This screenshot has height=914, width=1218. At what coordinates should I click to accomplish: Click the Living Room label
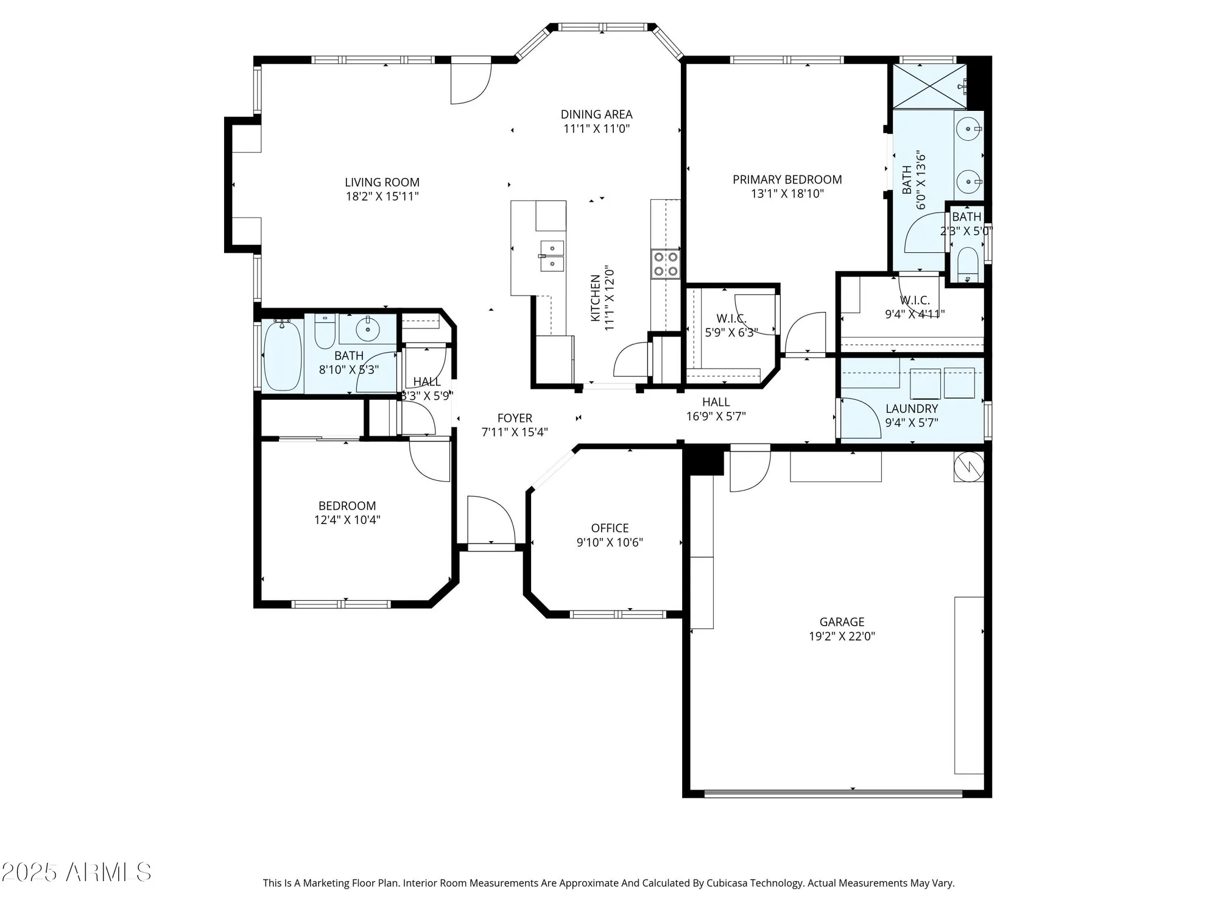pos(382,182)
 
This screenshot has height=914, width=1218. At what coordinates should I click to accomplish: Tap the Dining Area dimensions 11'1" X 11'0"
pos(596,129)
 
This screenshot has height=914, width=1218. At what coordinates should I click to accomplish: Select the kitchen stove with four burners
pos(665,264)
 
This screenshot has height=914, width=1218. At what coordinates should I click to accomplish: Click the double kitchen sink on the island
pos(551,256)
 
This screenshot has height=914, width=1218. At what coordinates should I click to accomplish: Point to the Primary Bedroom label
pos(787,180)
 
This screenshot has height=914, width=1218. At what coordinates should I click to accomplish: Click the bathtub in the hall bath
pos(283,356)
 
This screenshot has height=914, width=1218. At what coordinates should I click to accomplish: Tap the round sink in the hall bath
pos(367,330)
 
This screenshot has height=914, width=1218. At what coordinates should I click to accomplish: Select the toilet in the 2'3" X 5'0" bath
pos(967,263)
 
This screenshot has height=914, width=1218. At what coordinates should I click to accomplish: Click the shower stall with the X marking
pos(929,86)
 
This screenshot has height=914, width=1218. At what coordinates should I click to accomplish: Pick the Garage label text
pos(842,622)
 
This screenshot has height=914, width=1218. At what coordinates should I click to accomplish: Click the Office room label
pos(610,528)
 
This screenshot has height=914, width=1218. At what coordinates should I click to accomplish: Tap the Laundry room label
pos(911,409)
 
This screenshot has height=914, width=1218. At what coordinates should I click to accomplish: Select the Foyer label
pos(515,418)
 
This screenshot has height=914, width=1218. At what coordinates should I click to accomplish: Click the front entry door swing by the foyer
pos(491,520)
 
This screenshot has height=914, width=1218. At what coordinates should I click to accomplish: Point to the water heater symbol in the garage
pos(968,467)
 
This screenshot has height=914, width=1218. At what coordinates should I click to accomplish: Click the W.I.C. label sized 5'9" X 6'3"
pos(731,319)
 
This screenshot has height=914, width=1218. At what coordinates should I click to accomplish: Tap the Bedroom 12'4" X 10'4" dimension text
pos(347,520)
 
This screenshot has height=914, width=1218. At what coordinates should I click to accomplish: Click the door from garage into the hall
pos(750,469)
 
